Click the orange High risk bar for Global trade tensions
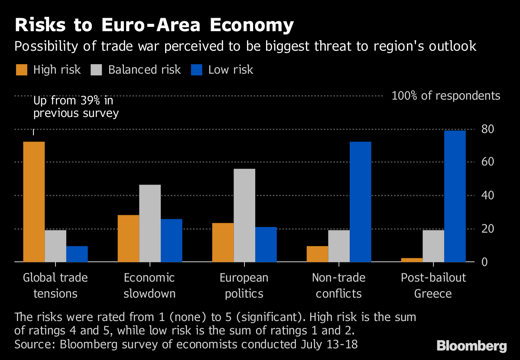point(34,201)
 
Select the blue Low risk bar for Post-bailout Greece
point(455,196)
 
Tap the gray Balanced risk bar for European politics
point(244,215)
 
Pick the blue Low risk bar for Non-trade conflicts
point(360,201)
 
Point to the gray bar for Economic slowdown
point(150,223)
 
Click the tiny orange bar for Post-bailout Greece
point(412,260)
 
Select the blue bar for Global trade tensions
point(77,254)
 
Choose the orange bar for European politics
point(223,242)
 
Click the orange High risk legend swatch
point(21,70)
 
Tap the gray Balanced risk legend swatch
point(96,70)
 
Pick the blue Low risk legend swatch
point(196,70)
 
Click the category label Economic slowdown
point(149,285)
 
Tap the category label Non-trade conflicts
point(338,285)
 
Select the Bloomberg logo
point(471,346)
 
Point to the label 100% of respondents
point(445,96)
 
